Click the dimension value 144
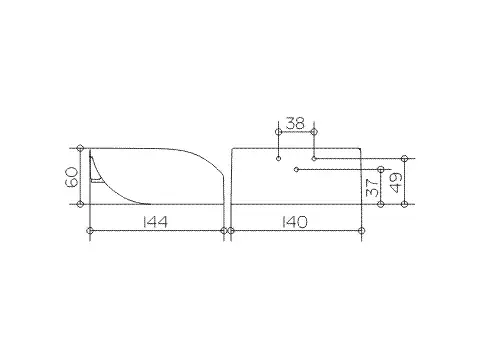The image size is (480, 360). pos(155,222)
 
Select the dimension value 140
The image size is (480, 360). pos(295,222)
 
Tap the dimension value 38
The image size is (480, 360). pos(295,123)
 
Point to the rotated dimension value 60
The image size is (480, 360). pos(73,177)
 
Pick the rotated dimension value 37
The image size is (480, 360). pos(372,188)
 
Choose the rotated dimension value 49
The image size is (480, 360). pos(396,183)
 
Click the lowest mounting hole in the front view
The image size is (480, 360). pos(296,170)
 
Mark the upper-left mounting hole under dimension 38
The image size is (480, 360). pos(279,158)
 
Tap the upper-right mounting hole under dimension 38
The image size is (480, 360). pos(314,158)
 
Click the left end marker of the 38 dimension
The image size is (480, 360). pos(279,132)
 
